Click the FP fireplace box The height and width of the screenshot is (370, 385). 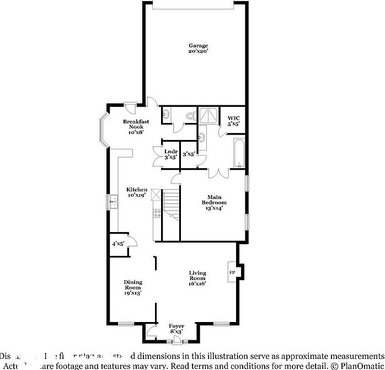pyautogui.click(x=232, y=272)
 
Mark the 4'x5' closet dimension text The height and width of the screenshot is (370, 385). pyautogui.click(x=118, y=243)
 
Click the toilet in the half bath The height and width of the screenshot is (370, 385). pyautogui.click(x=190, y=115)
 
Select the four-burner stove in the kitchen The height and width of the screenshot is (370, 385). pyautogui.click(x=157, y=213)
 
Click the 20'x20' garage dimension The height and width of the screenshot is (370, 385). pyautogui.click(x=199, y=51)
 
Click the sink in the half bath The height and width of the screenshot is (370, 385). pyautogui.click(x=166, y=115)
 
